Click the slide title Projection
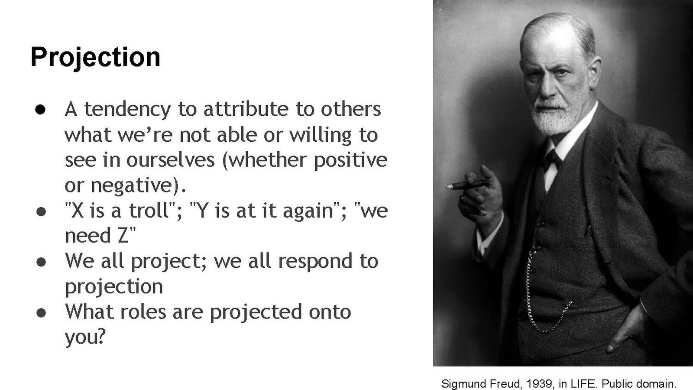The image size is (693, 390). pyautogui.click(x=95, y=58)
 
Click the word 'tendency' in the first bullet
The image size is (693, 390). pyautogui.click(x=127, y=109)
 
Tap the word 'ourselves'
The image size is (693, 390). pyautogui.click(x=171, y=160)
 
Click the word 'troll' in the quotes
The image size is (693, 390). pyautogui.click(x=150, y=211)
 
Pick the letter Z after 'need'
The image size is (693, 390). pyautogui.click(x=123, y=236)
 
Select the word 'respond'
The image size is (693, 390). pyautogui.click(x=315, y=262)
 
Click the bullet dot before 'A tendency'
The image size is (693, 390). pyautogui.click(x=40, y=110)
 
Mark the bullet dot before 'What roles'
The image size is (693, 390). pyautogui.click(x=41, y=313)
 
